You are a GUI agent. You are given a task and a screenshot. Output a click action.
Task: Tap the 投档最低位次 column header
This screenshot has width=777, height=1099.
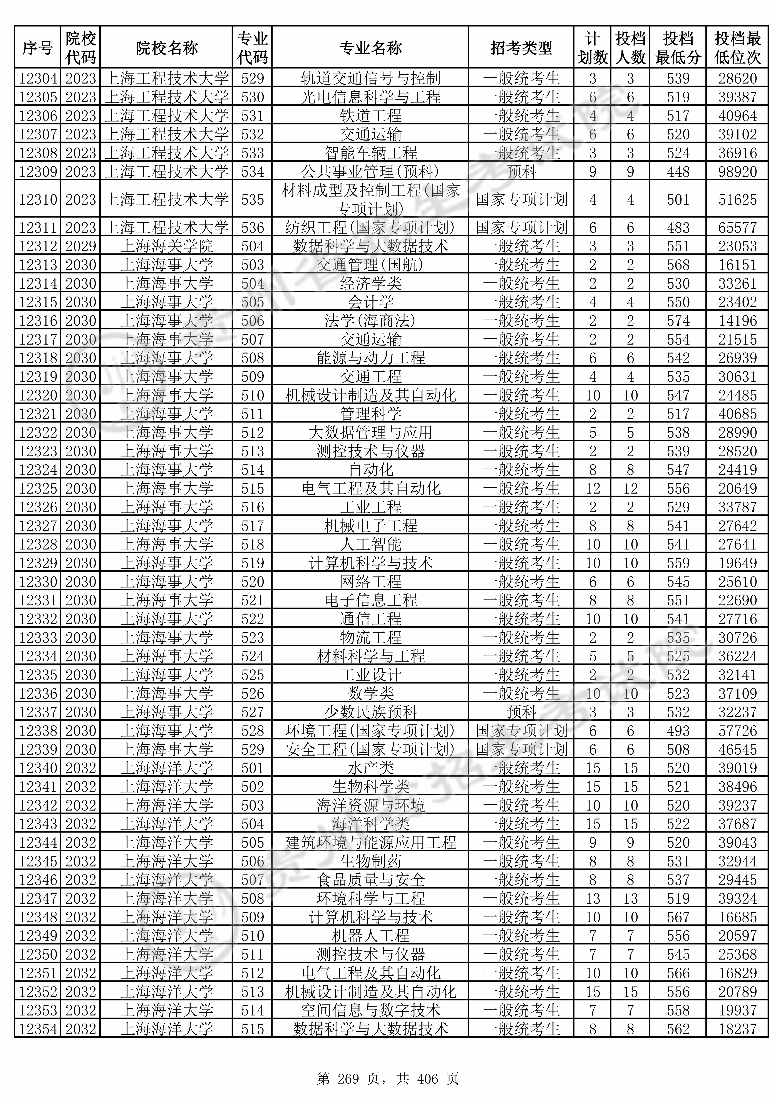[x=737, y=48]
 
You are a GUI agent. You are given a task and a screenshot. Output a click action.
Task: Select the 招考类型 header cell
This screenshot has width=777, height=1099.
[x=521, y=48]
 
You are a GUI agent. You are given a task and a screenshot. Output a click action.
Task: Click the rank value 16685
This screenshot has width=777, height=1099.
[x=737, y=917]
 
